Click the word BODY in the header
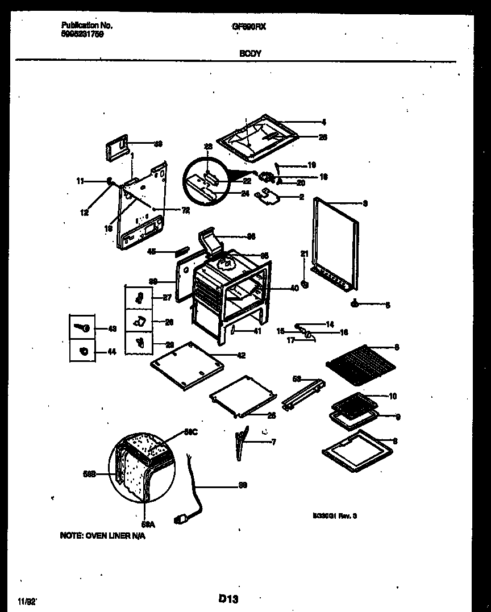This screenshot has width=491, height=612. [x=251, y=53]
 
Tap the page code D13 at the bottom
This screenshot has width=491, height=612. [x=227, y=598]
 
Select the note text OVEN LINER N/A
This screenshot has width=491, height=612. [x=102, y=535]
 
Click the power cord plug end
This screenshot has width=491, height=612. [x=184, y=518]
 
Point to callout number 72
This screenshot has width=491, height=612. [x=185, y=210]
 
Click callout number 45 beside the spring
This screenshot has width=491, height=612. [x=151, y=251]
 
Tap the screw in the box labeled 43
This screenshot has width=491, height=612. [x=82, y=328]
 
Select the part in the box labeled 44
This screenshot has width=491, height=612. [x=82, y=352]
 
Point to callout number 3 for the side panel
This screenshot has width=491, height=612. [x=365, y=203]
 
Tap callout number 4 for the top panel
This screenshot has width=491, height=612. [x=323, y=121]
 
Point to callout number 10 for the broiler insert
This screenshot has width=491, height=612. [x=393, y=396]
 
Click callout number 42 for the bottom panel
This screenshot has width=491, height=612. [x=241, y=356]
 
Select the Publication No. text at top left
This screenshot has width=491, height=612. [x=86, y=26]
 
